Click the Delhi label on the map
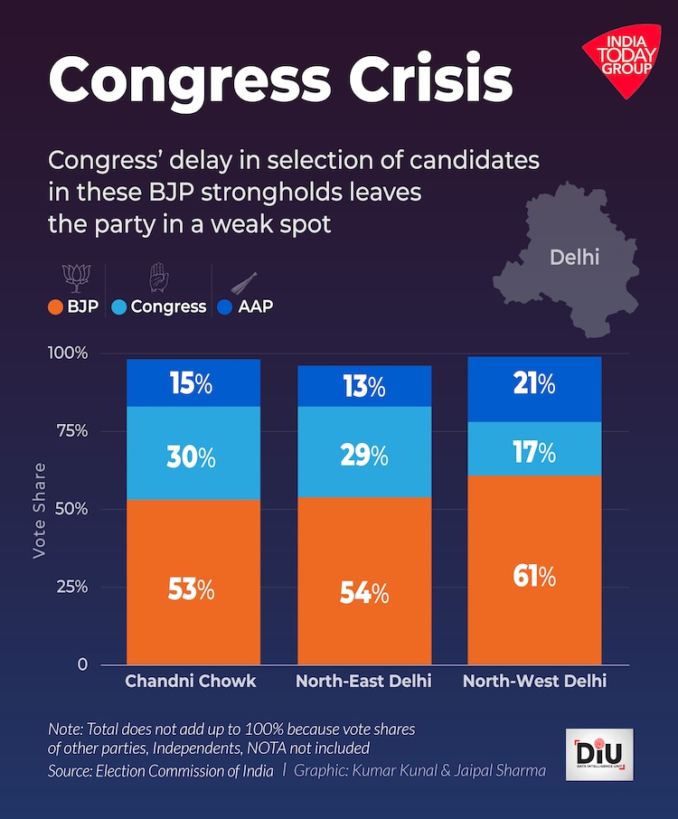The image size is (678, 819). coord(574,258)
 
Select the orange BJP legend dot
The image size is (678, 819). coord(56,306)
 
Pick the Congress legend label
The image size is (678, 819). coord(168,306)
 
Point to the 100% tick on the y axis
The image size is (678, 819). coord(69,353)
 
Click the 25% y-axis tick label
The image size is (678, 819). coord(71,587)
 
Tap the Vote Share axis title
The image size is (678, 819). coord(39,510)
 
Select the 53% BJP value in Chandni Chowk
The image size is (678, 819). coord(191,589)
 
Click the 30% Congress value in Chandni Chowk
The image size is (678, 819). coord(191,457)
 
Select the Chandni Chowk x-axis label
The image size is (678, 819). coord(191,681)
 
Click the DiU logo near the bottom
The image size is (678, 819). coord(598,754)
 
